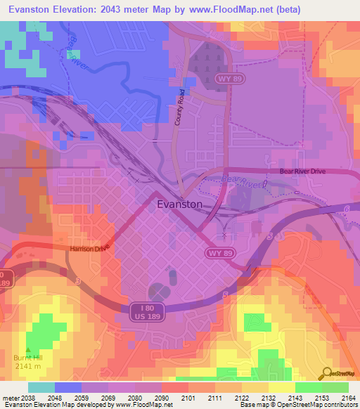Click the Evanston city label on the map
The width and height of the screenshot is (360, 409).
coord(179,204)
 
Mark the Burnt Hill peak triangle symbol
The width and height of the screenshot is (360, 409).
coord(28,349)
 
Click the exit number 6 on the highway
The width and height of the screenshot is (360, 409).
coord(348,209)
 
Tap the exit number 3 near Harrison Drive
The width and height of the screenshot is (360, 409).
coord(78,280)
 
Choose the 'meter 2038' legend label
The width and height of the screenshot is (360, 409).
coord(17,397)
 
